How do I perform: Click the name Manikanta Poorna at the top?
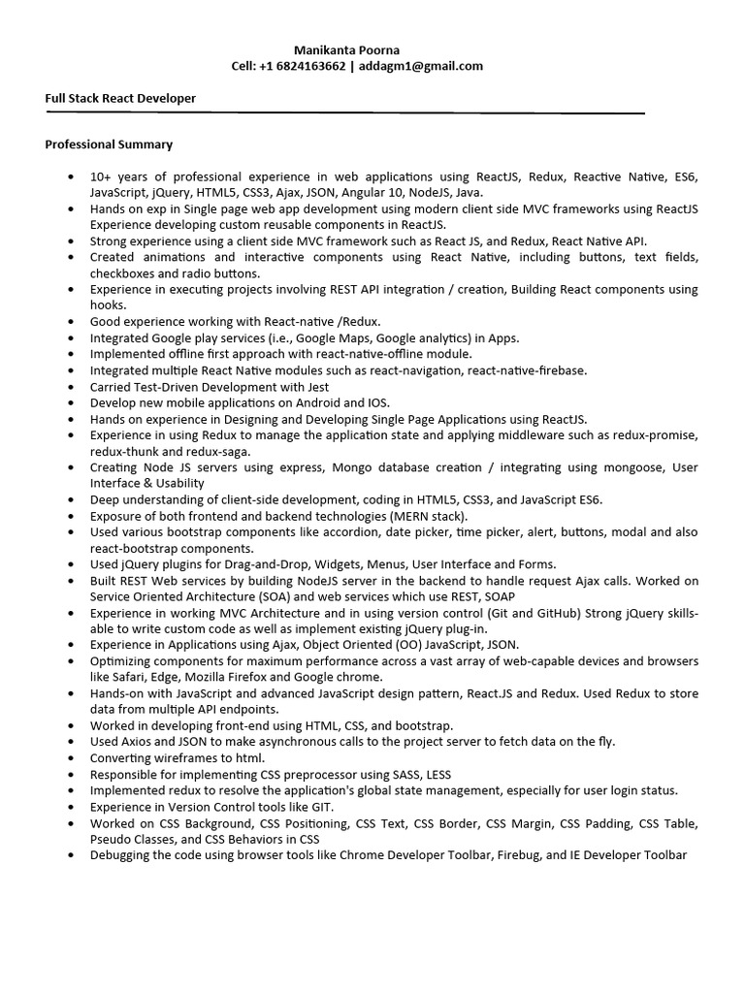click(346, 49)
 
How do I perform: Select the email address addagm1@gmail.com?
click(422, 66)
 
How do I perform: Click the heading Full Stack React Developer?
click(120, 98)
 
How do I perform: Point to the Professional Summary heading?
click(109, 144)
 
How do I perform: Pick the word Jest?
click(316, 386)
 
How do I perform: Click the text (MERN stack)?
click(424, 516)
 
